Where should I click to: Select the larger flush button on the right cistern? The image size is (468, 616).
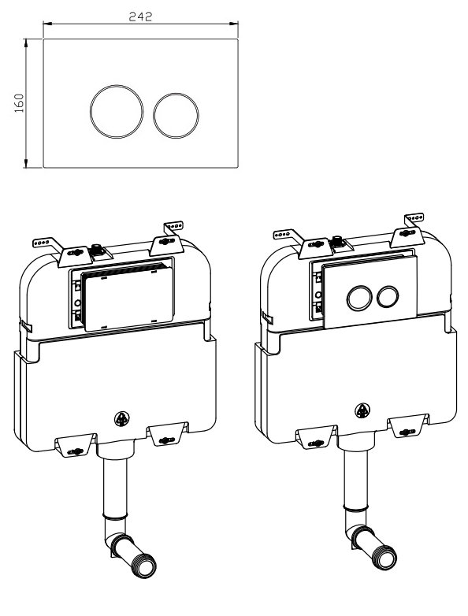[357, 297]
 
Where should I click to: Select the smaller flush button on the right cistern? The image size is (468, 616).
[386, 297]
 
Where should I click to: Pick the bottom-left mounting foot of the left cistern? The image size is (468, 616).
[75, 446]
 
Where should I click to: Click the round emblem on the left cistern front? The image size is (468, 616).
[123, 419]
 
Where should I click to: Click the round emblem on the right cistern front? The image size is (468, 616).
[363, 410]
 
